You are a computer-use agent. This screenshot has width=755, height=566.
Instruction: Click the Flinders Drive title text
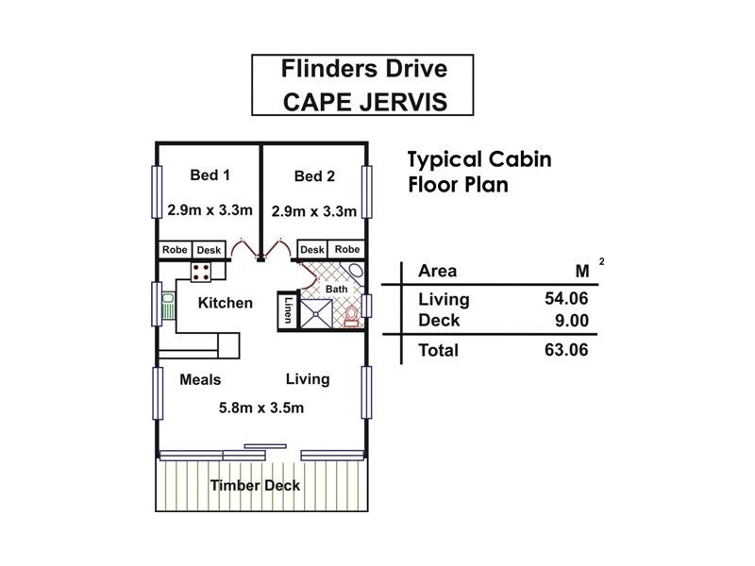pos(363,69)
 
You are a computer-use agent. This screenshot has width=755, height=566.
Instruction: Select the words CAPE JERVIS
pos(363,101)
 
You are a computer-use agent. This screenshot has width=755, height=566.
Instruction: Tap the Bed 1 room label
pos(210,175)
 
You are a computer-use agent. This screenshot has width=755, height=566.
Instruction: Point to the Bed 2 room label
pos(313,175)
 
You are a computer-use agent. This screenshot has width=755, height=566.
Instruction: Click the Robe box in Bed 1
pos(175,250)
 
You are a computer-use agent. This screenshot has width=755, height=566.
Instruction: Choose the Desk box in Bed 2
pos(312,250)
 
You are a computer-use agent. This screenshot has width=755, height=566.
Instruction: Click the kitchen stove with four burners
pos(202,273)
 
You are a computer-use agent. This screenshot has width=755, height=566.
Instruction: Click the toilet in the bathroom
pos(351,315)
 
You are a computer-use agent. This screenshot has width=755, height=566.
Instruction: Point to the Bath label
pos(337,288)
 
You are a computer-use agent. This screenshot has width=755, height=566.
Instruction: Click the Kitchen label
pos(225,303)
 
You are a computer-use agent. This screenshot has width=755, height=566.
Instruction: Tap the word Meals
pos(200,379)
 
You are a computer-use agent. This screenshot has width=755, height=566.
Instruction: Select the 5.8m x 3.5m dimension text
pos(260,408)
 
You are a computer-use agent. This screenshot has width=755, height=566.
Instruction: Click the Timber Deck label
pos(255,486)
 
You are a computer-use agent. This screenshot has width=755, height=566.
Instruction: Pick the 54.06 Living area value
pos(563,300)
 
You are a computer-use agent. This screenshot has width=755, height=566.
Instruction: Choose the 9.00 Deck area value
pos(569,321)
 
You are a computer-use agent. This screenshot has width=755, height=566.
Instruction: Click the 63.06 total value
pos(563,351)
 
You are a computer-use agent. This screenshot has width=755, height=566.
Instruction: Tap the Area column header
pos(437,271)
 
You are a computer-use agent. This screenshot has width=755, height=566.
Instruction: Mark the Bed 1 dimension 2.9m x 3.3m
pos(210,210)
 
